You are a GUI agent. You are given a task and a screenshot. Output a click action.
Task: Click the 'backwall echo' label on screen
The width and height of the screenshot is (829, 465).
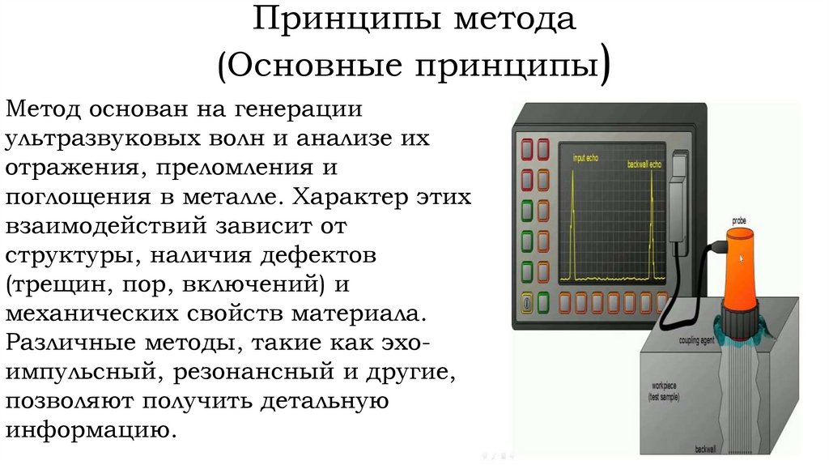click(x=644, y=164)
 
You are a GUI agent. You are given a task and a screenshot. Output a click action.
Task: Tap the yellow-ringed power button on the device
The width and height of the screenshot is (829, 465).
click(x=528, y=301)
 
